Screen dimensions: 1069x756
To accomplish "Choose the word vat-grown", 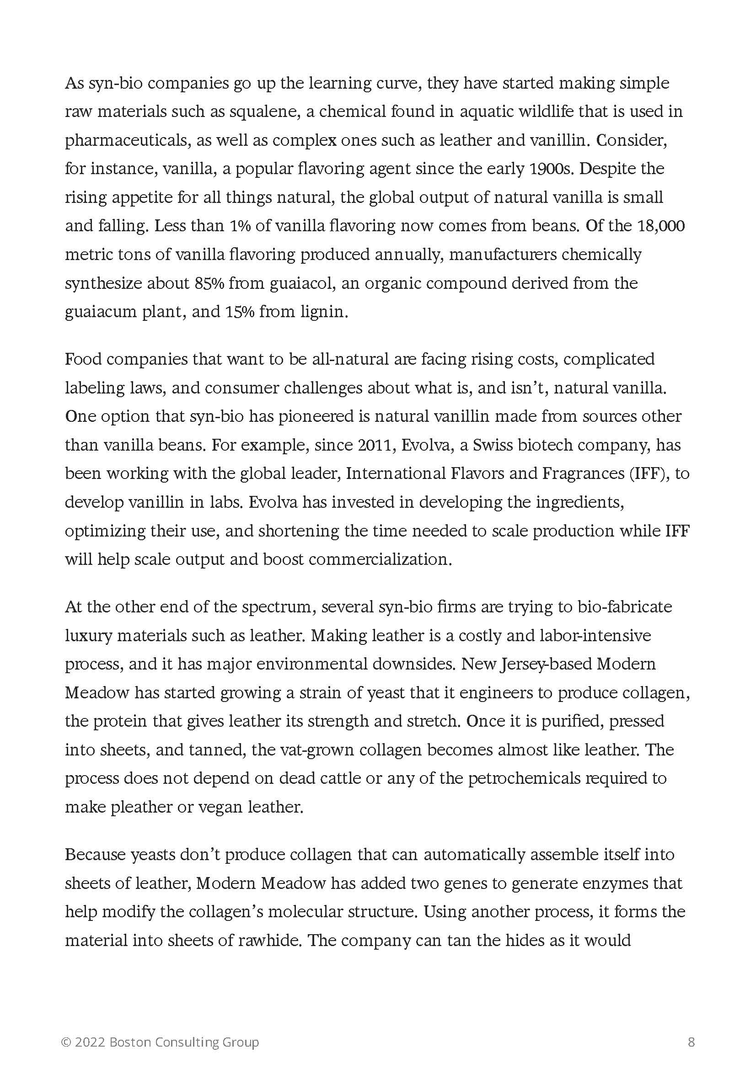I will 305,750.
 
